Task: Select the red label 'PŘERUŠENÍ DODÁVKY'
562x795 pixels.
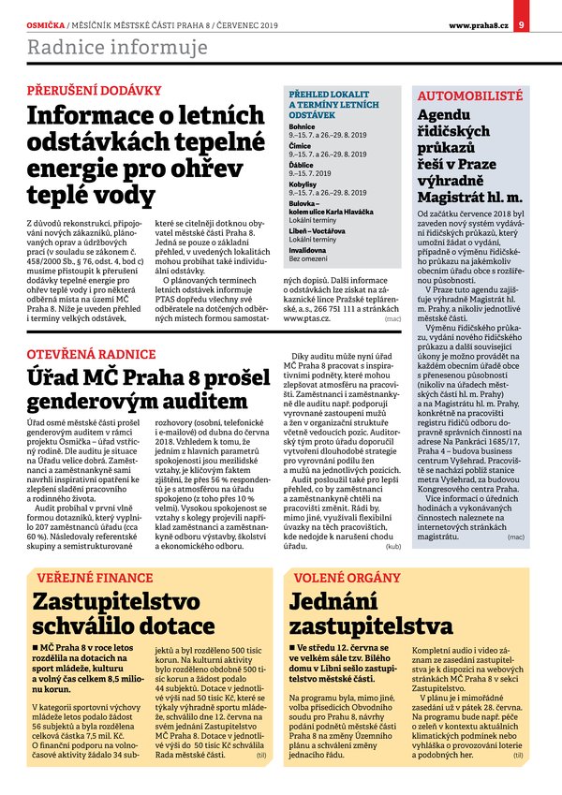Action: tap(95, 91)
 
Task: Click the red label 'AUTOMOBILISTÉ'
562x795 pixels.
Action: tap(470, 96)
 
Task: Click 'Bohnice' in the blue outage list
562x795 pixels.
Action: tap(302, 126)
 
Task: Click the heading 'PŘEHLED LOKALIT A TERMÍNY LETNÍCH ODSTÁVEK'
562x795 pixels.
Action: tap(334, 105)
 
